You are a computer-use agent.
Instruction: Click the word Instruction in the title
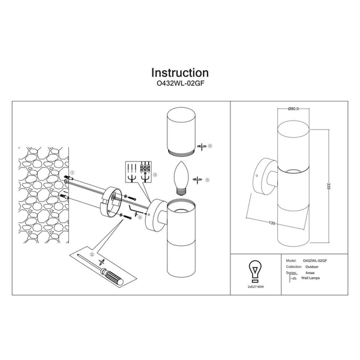(x=180, y=74)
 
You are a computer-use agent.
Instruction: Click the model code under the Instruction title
(x=180, y=85)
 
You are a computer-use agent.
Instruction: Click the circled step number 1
(x=71, y=172)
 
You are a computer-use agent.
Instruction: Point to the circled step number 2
(x=92, y=254)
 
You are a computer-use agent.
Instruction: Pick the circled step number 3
(x=155, y=174)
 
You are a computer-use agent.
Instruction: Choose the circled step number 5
(x=208, y=179)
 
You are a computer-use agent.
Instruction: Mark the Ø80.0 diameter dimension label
(x=293, y=109)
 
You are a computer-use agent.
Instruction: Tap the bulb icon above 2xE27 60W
(x=255, y=269)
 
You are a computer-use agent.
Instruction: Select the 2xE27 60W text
(x=256, y=287)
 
